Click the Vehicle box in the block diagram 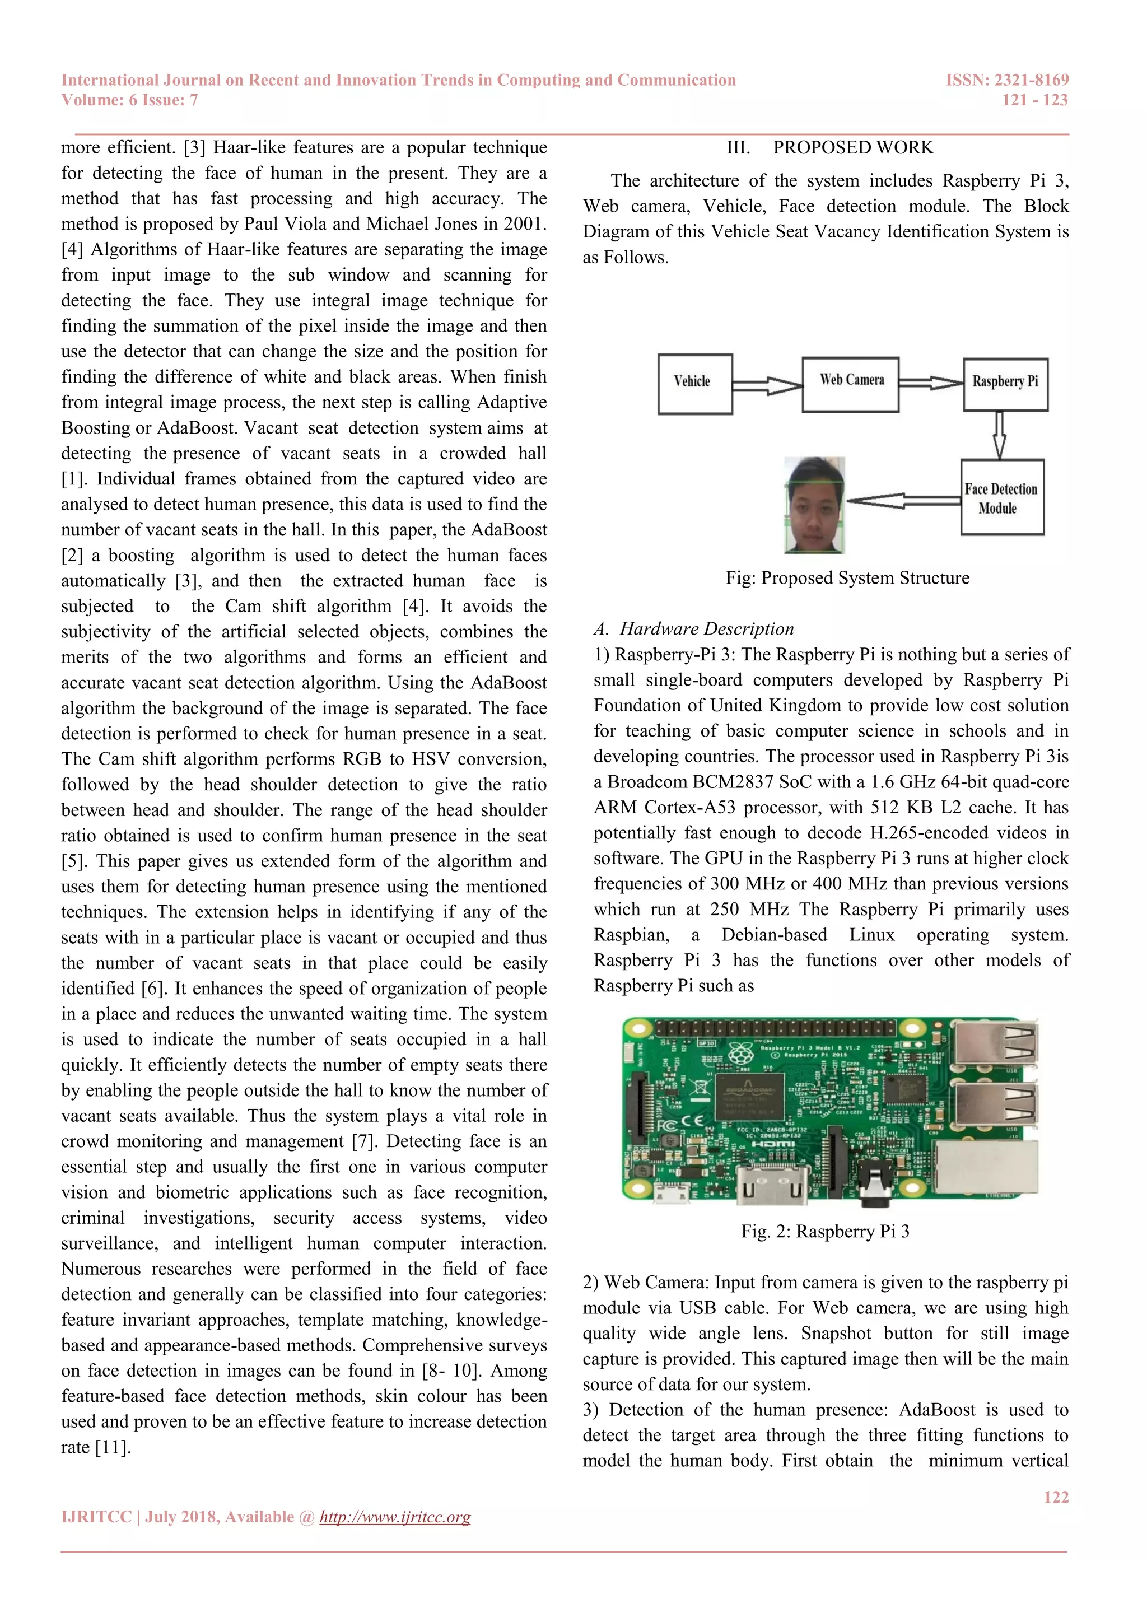[695, 384]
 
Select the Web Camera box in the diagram [850, 384]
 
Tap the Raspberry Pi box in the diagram [1005, 384]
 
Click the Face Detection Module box [1001, 497]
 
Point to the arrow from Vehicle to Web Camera [767, 385]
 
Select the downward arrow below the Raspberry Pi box [999, 435]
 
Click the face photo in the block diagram [815, 505]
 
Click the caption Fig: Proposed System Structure [847, 578]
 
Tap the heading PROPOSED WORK [852, 148]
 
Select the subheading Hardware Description [706, 629]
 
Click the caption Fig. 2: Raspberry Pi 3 [825, 1231]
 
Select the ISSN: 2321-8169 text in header [1006, 80]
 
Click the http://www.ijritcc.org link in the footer [395, 1517]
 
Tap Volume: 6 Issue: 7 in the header [129, 100]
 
